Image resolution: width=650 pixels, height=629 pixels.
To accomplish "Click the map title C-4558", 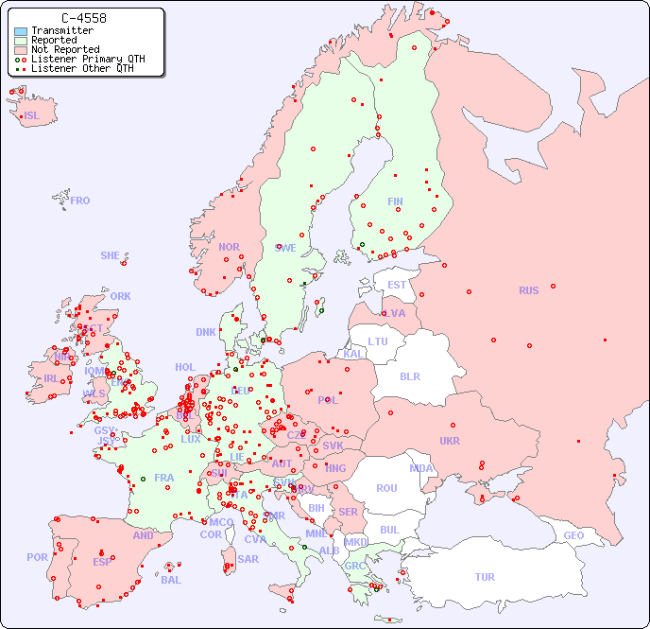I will click(x=83, y=18).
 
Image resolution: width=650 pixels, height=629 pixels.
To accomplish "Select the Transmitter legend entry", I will click(x=61, y=30).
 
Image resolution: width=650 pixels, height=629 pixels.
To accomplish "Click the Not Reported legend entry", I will click(x=64, y=49).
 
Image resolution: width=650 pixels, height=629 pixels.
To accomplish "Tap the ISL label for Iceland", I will click(x=32, y=116).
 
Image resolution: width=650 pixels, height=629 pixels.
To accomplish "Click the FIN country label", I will click(x=395, y=201).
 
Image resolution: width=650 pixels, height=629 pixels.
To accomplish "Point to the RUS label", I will click(x=528, y=290).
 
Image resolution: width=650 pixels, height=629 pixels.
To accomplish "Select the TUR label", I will click(x=485, y=577).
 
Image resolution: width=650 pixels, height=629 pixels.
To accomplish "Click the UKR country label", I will click(x=449, y=441).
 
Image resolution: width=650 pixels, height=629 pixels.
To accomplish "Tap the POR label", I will click(x=37, y=557).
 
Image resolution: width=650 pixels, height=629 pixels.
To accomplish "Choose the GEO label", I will click(x=573, y=535).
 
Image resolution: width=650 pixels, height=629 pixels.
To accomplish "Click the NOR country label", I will click(x=229, y=247).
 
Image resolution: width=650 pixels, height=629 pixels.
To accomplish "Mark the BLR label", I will click(x=409, y=376).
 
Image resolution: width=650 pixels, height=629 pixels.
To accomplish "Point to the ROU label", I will click(x=386, y=488).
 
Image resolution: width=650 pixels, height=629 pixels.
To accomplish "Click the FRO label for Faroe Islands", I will click(x=79, y=201).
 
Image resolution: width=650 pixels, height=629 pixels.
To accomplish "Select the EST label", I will click(x=397, y=285).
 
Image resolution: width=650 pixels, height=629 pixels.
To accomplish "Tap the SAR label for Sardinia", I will click(x=248, y=559).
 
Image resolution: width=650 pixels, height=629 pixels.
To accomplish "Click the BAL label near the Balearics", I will click(x=170, y=580).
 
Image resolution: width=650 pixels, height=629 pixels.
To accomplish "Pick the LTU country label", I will click(x=378, y=341).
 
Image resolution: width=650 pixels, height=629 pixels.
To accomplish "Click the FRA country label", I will click(x=164, y=478).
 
